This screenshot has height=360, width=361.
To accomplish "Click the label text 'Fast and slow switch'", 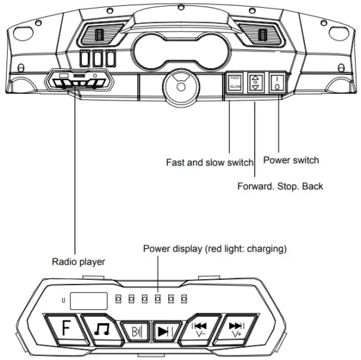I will [209, 162].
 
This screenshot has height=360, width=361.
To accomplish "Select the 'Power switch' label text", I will [290, 160].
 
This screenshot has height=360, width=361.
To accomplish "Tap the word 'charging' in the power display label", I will [267, 249].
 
